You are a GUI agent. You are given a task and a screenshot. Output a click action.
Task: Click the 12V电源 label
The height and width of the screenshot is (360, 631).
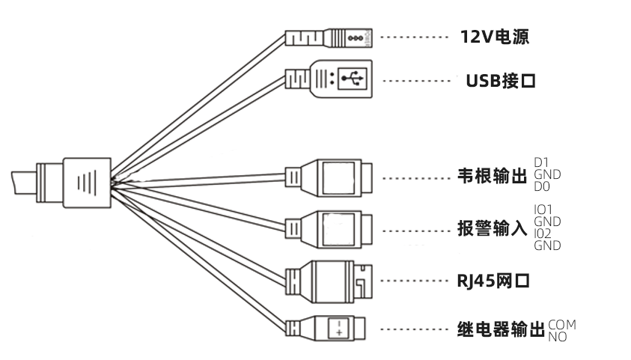[494, 37]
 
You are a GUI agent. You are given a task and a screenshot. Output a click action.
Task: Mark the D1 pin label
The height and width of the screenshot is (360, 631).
[540, 163]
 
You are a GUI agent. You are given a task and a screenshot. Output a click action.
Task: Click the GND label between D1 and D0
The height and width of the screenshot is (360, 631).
[547, 175]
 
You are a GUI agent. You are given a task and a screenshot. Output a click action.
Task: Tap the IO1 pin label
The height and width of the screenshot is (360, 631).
[543, 209]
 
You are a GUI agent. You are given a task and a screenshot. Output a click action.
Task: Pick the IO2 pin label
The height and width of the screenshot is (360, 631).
[543, 233]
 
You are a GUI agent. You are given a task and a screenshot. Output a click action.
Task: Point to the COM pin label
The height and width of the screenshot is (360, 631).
[562, 325]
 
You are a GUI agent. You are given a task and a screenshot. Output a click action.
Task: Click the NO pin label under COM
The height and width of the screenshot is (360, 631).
[558, 337]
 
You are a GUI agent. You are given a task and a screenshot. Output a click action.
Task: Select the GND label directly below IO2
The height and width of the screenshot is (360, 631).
[547, 245]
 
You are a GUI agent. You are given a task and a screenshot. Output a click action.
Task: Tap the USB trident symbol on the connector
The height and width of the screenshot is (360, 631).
[350, 77]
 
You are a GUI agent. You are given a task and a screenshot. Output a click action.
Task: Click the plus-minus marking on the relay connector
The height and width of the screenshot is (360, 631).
[338, 327]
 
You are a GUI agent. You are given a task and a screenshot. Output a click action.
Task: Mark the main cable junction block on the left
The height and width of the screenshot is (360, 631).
[86, 182]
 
